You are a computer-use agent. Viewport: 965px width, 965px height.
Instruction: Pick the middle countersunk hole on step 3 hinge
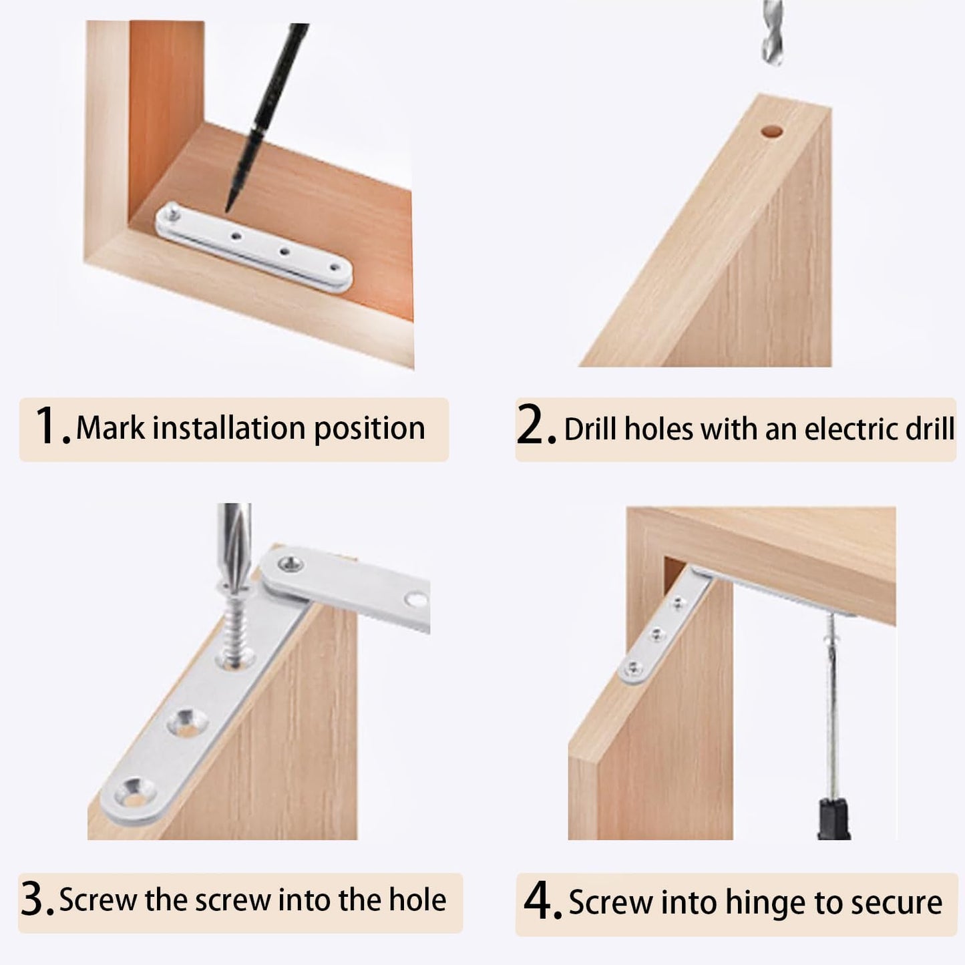[x=185, y=721]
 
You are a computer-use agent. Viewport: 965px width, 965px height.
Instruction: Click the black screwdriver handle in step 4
[x=833, y=817]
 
